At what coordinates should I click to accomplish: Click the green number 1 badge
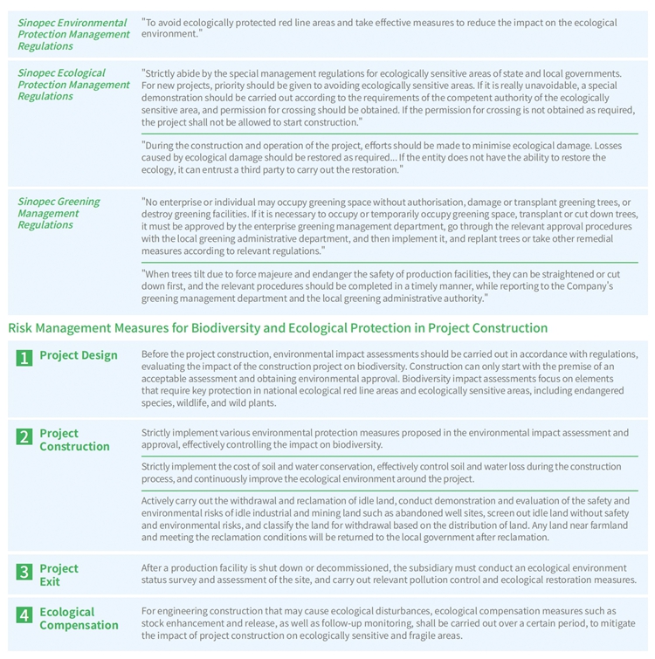click(24, 357)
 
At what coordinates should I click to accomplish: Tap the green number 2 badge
click(24, 436)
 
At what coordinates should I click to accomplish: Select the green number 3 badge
click(24, 572)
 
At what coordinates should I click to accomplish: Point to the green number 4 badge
click(24, 615)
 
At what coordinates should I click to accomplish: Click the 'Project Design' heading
click(78, 355)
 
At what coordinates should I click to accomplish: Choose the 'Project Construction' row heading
click(74, 440)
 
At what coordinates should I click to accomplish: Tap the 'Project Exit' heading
click(59, 575)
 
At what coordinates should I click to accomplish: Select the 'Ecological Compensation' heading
click(79, 619)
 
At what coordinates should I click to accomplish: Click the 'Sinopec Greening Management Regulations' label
click(59, 213)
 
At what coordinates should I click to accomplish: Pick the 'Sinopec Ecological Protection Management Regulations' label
click(73, 85)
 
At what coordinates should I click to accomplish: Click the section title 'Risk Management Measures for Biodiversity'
click(278, 328)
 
